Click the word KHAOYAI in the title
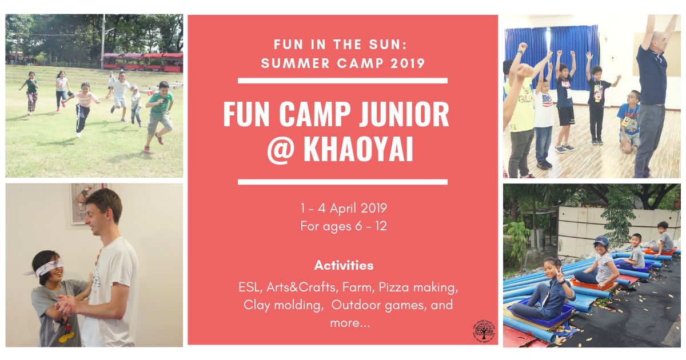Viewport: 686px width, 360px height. [x=358, y=149]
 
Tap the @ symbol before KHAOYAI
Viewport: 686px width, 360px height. [x=281, y=150]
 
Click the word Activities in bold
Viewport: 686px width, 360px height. [x=344, y=265]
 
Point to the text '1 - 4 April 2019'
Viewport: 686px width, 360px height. [x=344, y=209]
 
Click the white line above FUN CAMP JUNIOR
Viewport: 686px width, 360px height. [x=342, y=81]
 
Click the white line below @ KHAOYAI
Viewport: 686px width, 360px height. [x=342, y=182]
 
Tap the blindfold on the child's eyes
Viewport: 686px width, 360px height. [x=49, y=266]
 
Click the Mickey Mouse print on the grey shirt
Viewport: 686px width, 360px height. [x=66, y=331]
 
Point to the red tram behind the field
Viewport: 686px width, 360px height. [x=143, y=62]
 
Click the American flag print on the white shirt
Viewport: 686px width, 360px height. [x=547, y=100]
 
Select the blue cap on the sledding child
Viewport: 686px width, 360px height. [x=601, y=240]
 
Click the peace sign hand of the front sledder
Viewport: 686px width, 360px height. [x=560, y=277]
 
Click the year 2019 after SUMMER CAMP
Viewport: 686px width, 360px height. [x=408, y=63]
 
